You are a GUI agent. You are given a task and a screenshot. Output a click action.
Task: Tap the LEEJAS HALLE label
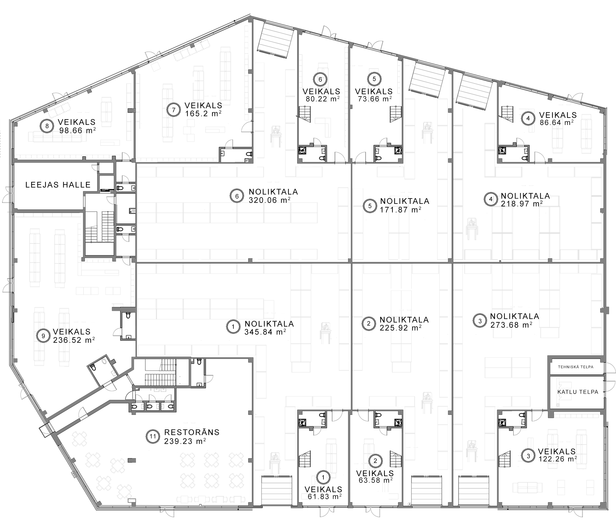tap(58, 185)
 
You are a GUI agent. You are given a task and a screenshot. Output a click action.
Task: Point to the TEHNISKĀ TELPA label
tap(575, 367)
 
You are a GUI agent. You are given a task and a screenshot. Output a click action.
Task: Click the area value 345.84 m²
tap(265, 332)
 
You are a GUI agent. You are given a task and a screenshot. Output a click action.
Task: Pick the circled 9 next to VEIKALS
tap(43, 336)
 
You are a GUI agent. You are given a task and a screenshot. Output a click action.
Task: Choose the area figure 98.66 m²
tap(77, 130)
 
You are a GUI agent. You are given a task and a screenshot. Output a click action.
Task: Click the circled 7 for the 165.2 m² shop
tap(174, 110)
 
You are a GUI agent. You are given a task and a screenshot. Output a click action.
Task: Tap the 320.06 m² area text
tap(270, 200)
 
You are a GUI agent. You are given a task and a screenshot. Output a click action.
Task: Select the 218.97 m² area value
tap(522, 204)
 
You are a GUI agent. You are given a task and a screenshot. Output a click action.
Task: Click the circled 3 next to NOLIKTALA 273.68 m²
tap(480, 321)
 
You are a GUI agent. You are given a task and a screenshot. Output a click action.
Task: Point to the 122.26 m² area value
tap(558, 459)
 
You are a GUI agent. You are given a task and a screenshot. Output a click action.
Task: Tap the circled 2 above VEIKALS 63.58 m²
tap(375, 460)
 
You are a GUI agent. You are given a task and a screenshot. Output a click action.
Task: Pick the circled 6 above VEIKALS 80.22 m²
tap(321, 79)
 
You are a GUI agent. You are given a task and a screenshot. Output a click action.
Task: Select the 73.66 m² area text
tap(375, 99)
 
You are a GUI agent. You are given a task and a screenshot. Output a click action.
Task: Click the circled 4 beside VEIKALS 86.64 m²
tap(528, 118)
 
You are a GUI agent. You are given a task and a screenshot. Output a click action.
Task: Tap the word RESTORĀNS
tap(192, 432)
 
